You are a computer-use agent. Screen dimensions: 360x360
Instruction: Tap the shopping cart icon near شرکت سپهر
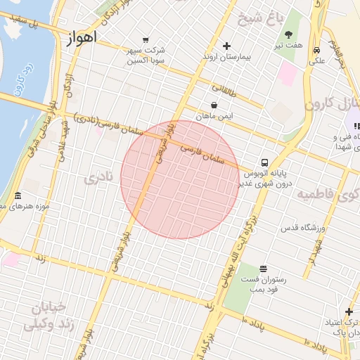pos(146,39)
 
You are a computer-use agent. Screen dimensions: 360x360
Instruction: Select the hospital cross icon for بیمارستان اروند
pos(226,46)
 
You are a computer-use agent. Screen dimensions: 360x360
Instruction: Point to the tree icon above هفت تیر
pos(289,34)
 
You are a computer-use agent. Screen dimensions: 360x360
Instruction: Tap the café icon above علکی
pos(317,51)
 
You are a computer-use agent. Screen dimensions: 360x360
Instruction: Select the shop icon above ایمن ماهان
pos(214,105)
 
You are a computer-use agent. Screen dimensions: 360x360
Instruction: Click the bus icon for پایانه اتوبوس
pos(264,161)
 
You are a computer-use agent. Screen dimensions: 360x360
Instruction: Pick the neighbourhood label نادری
pos(98,178)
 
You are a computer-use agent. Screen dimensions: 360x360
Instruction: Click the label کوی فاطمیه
pos(328,194)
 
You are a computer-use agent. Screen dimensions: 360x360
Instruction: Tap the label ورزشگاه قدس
pos(304,228)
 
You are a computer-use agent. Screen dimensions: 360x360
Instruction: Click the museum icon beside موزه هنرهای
pos(18,195)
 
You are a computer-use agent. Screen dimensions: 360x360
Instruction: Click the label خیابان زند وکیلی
pos(45,316)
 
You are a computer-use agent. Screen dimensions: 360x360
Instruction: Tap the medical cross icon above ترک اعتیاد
pos(349,312)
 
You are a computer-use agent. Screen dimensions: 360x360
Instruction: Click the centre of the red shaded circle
pos(180,179)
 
